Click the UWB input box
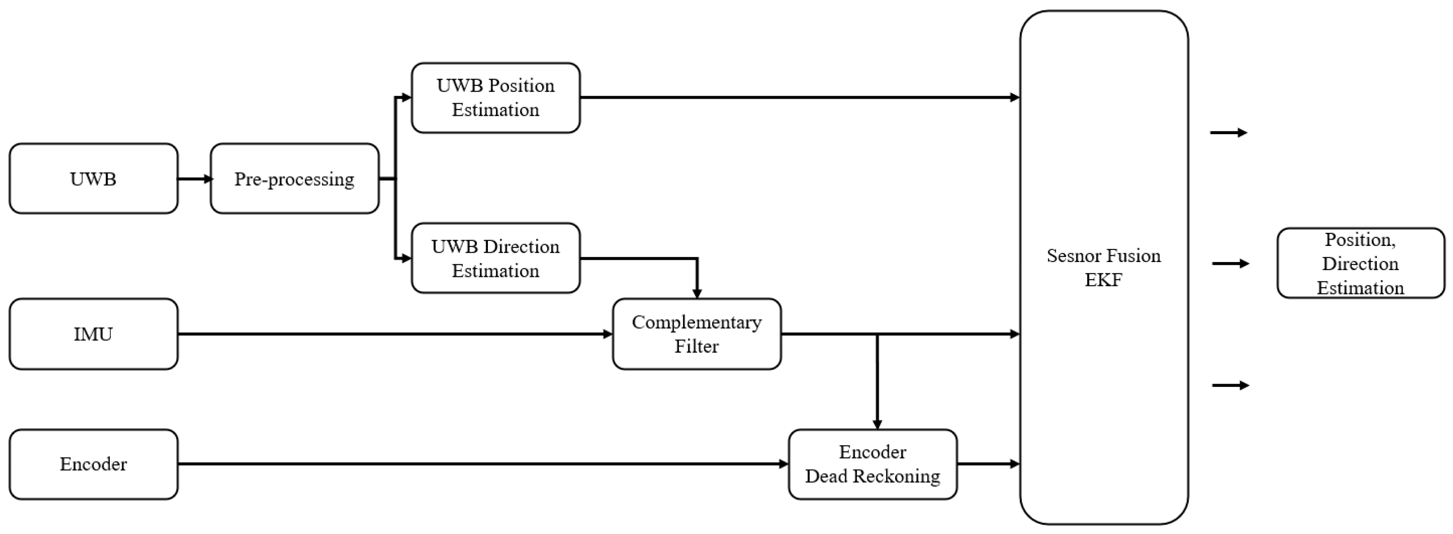(x=94, y=179)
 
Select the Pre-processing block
(x=295, y=179)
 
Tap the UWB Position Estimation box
(x=495, y=98)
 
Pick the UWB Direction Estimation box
(x=495, y=258)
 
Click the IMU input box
(x=94, y=334)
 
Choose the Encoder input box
(x=94, y=464)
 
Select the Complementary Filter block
(x=696, y=334)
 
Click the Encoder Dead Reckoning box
(x=873, y=464)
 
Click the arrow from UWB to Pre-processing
(x=195, y=179)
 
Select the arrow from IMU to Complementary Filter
(x=395, y=334)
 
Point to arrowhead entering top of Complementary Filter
(x=697, y=293)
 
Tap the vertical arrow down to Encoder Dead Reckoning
(x=877, y=384)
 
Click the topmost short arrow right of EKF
(x=1228, y=133)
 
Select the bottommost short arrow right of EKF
(x=1230, y=385)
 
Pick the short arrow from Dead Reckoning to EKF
(x=988, y=464)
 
